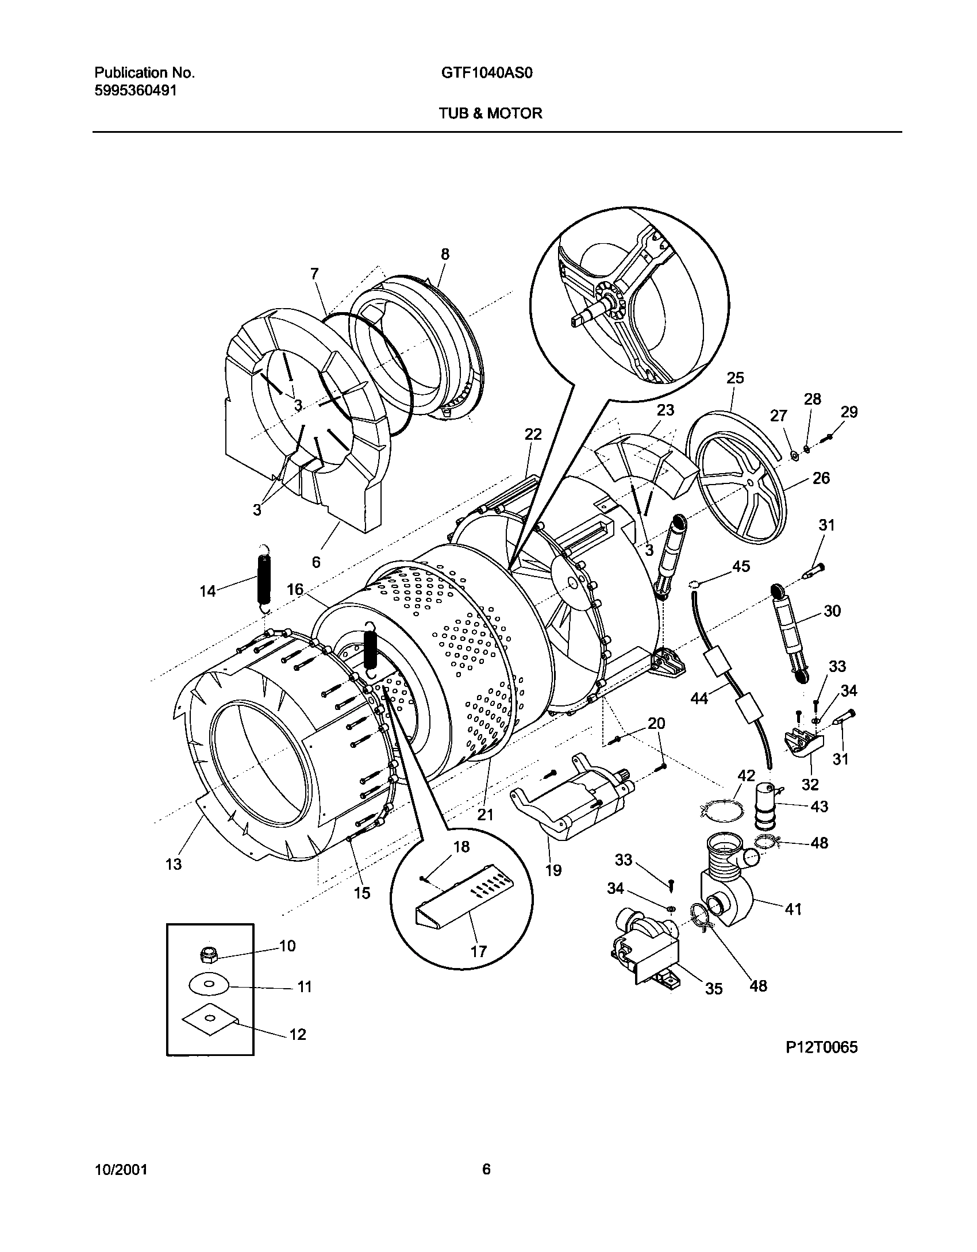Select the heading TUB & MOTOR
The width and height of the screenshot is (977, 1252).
tap(490, 113)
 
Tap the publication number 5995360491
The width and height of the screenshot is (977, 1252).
tap(134, 90)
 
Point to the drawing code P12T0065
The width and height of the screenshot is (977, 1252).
tap(821, 1047)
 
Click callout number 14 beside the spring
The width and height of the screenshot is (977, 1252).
tap(207, 590)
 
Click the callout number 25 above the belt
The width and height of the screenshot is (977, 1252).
tap(735, 378)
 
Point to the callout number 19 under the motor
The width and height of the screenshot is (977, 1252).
tap(553, 870)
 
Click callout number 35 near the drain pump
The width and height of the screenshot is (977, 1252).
tap(713, 988)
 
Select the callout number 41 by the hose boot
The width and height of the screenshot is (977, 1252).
tap(793, 909)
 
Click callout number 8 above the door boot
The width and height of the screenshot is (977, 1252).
tap(445, 254)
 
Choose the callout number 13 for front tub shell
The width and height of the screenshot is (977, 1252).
tap(174, 863)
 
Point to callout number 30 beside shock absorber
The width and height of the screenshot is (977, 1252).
tap(832, 610)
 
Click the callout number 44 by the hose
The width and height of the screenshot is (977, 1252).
tap(699, 698)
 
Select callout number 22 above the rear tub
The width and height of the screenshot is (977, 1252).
tap(533, 435)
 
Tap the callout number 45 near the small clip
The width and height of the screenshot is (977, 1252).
tap(741, 566)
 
